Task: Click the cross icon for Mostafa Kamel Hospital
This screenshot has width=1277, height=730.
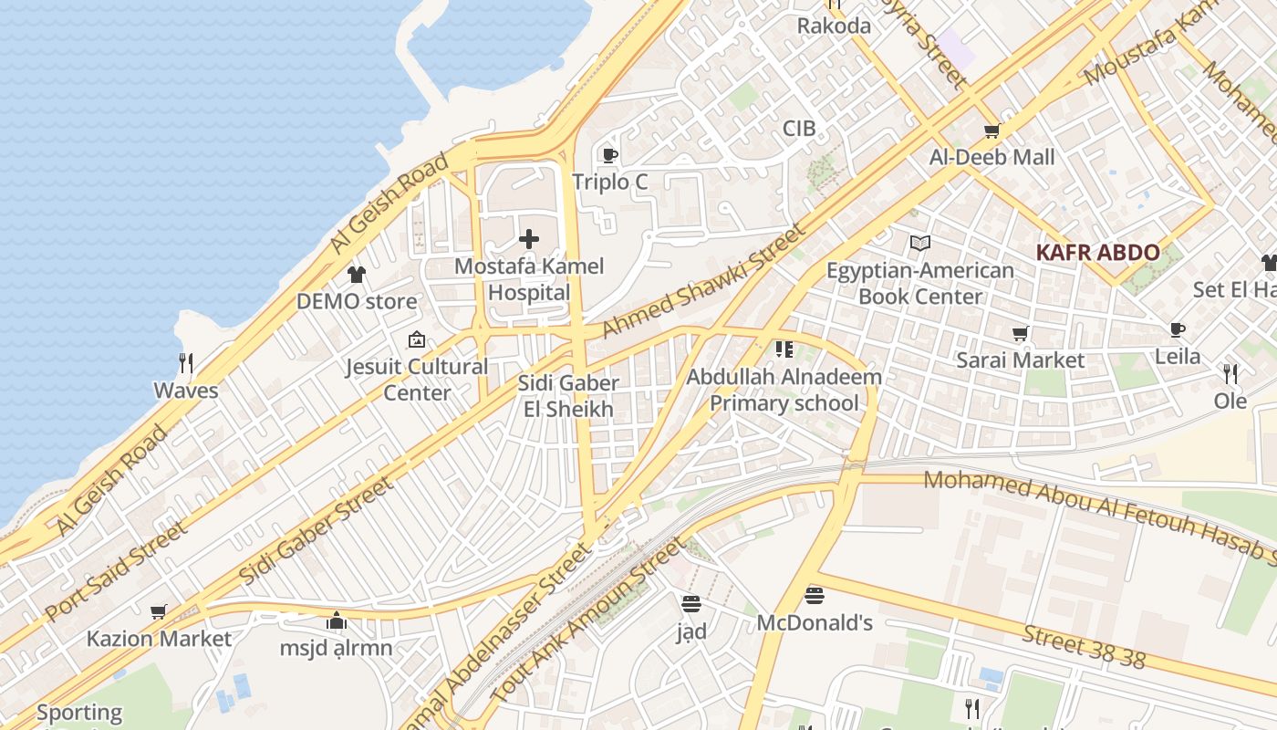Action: point(529,240)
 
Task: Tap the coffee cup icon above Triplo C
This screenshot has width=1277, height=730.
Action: point(610,155)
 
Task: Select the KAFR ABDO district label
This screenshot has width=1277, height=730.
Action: point(1097,253)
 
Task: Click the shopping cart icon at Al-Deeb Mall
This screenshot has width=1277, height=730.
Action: point(992,130)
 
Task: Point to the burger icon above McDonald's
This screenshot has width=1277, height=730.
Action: point(815,596)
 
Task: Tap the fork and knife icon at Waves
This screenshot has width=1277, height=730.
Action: point(186,363)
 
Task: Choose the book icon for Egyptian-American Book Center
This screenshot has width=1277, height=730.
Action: point(920,244)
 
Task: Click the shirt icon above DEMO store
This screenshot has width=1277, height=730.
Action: point(357,275)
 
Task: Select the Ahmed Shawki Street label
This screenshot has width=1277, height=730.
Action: point(701,281)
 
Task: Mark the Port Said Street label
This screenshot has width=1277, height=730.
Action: point(116,571)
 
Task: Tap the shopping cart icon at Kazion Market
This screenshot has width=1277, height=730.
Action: point(159,611)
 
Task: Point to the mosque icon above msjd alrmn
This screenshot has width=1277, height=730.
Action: point(337,621)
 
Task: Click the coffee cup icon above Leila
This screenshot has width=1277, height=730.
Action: point(1178,329)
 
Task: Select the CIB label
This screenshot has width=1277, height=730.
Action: point(799,129)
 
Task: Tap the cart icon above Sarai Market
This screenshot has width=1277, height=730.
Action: point(1021,334)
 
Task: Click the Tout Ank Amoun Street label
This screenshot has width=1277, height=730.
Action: point(587,620)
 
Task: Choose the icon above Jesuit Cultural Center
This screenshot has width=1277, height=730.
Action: point(417,339)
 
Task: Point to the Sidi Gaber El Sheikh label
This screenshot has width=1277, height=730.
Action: point(568,396)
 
